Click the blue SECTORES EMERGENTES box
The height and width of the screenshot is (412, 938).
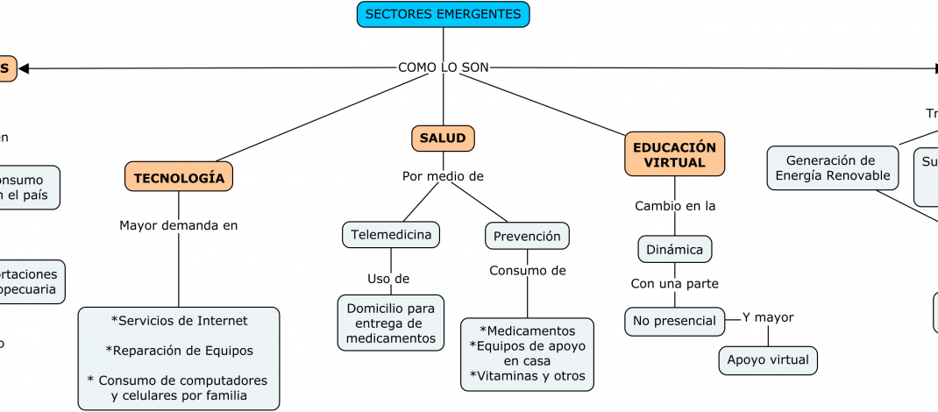443,14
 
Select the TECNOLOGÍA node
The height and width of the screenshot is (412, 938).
179,177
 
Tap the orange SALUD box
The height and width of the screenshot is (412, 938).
443,139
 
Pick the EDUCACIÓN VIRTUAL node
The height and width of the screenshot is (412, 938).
674,154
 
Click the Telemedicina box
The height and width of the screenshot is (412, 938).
391,235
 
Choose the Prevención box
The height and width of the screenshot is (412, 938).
527,236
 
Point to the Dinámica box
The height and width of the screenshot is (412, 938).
674,249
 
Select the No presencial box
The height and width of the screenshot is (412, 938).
675,321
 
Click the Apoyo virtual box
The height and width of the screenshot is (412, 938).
769,360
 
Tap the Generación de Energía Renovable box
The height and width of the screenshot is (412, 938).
832,167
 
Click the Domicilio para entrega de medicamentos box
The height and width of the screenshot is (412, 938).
391,323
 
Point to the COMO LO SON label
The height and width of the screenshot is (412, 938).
443,67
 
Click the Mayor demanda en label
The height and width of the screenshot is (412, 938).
179,225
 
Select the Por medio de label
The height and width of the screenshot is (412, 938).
443,176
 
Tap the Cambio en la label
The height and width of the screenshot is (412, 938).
675,206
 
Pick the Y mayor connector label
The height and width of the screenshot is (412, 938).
768,317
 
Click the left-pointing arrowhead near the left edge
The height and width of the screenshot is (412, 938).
24,68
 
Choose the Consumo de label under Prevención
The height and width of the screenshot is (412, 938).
527,270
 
